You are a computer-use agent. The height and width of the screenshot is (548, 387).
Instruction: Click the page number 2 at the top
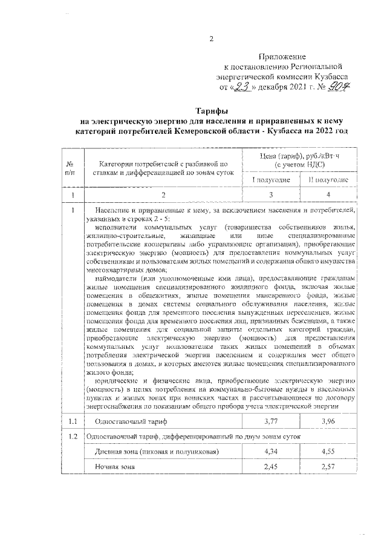coord(212,39)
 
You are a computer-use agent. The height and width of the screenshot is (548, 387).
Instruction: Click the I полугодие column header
coord(272,180)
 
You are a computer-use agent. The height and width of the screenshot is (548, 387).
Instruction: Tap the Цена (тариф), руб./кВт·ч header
coord(300,159)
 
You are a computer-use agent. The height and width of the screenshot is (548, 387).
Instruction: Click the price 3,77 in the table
coord(272,420)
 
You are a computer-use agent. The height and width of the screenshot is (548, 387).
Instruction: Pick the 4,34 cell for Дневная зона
coord(272,451)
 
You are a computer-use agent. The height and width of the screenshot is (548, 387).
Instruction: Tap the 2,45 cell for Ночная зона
coord(272,467)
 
